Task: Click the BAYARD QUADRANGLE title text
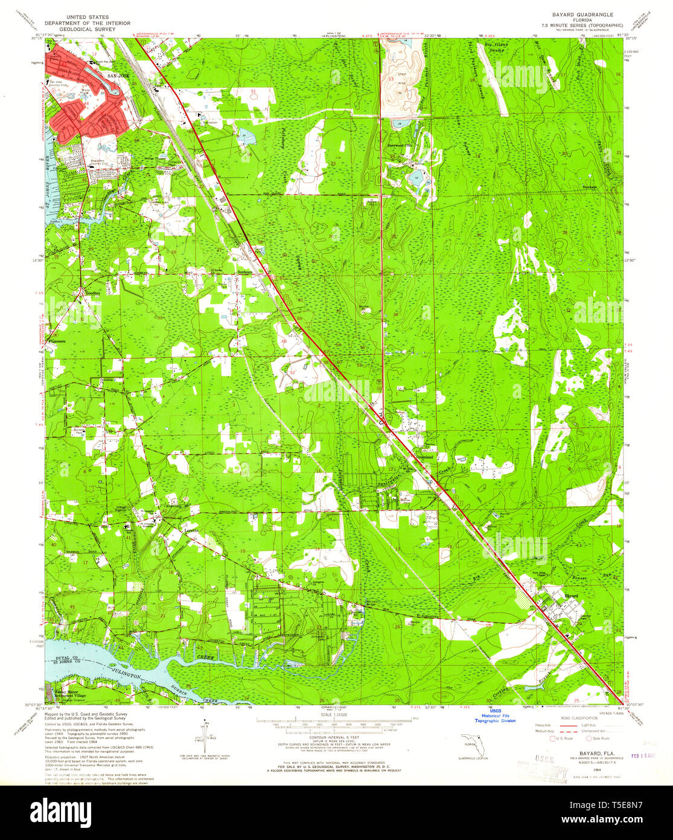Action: (569, 13)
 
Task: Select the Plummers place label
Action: (56, 341)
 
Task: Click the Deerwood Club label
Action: (399, 145)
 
